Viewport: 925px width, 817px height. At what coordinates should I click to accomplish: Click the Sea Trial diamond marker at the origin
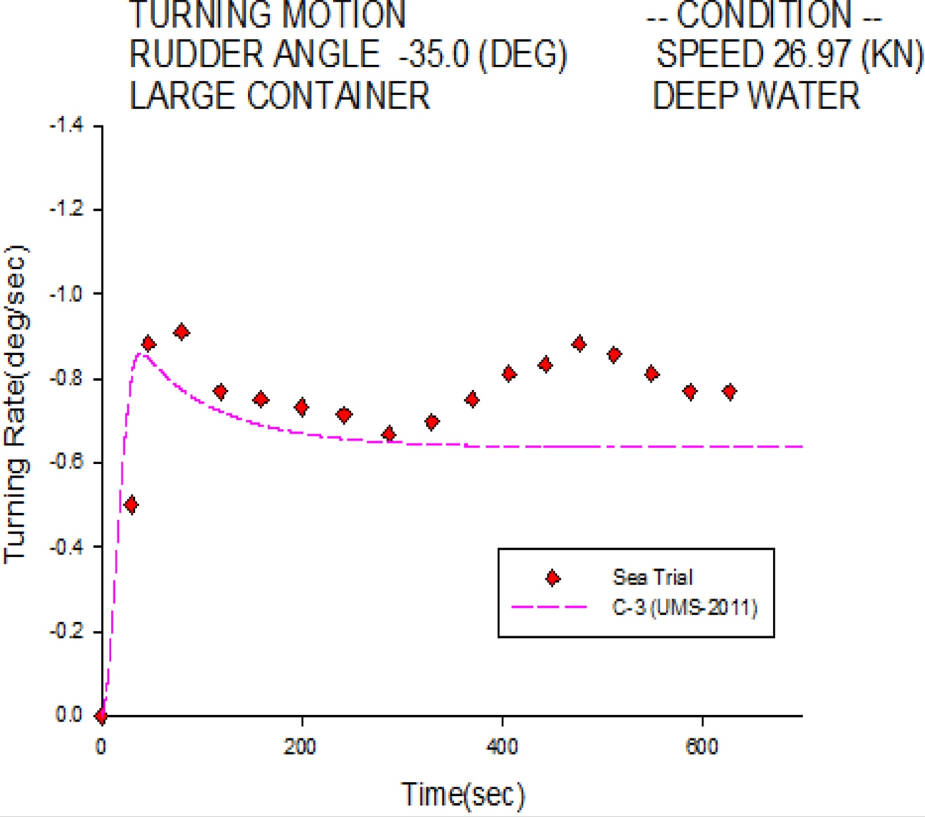click(101, 716)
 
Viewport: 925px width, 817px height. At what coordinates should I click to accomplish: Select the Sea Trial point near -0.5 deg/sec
click(131, 506)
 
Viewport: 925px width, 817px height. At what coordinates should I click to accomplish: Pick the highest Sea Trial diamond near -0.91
click(182, 332)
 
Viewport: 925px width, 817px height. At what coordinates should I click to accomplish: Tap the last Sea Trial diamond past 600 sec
click(729, 392)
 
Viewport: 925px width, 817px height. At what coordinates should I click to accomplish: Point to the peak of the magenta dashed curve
click(139, 354)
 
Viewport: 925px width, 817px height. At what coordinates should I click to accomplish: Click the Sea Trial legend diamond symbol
click(552, 578)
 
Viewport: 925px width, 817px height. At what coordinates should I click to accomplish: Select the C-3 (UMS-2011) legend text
click(684, 607)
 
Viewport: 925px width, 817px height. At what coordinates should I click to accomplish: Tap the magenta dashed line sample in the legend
click(548, 607)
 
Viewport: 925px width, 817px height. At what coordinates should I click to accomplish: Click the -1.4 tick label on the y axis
click(67, 126)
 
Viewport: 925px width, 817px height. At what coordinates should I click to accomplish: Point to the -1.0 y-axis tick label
click(67, 294)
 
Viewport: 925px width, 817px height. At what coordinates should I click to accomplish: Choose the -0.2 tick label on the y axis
click(67, 631)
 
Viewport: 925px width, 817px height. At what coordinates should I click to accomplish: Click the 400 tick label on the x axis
click(502, 747)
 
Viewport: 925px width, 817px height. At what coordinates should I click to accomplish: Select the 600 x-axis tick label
click(702, 747)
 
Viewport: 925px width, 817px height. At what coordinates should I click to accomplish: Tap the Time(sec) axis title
click(462, 795)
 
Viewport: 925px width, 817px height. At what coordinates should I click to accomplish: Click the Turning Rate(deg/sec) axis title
click(16, 403)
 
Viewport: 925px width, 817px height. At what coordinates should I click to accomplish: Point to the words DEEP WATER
click(757, 96)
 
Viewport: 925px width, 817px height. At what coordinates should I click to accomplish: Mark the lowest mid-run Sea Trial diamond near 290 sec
click(389, 434)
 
